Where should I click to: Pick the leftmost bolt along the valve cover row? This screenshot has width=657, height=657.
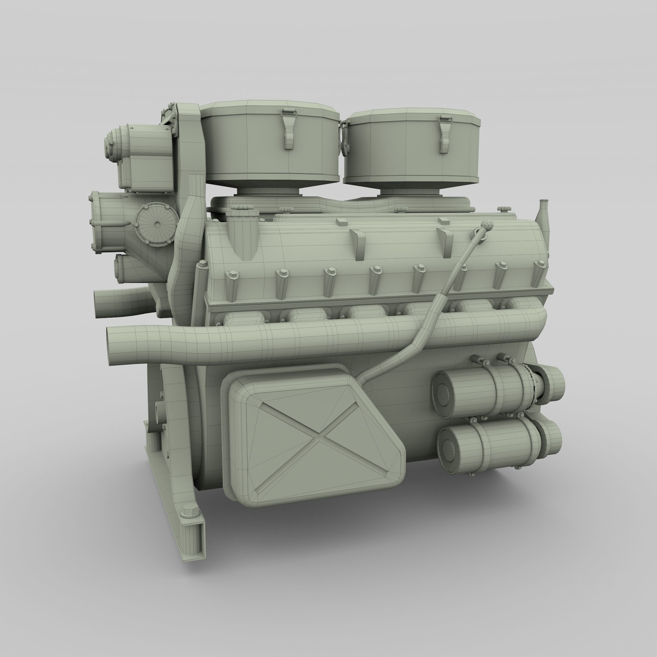point(233,274)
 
